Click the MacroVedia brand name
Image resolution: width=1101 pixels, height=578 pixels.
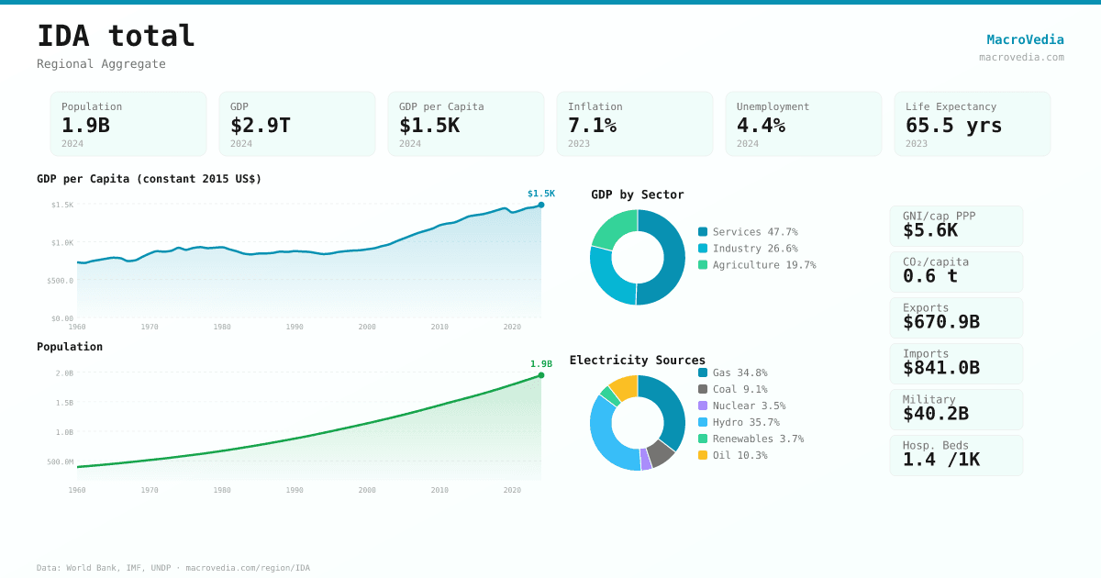tap(1025, 39)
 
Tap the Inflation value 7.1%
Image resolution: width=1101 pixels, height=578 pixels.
tap(592, 125)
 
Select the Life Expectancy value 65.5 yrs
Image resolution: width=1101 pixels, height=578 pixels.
tap(953, 125)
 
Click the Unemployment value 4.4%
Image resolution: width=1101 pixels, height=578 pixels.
tap(761, 125)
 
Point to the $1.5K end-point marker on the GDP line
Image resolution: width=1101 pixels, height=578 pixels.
tap(541, 205)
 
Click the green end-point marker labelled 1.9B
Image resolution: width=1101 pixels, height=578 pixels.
tap(541, 375)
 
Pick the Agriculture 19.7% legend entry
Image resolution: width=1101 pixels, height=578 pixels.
tap(755, 265)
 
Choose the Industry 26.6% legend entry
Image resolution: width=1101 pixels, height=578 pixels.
tap(748, 249)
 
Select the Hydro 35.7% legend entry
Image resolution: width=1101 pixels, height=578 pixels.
tap(739, 422)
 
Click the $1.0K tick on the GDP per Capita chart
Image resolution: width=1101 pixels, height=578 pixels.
tap(62, 243)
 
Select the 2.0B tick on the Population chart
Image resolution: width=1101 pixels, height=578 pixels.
tap(64, 373)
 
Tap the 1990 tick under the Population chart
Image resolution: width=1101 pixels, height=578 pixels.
tap(295, 490)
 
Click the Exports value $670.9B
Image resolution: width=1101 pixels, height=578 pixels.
tap(940, 322)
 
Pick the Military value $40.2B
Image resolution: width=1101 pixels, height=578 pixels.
tap(935, 414)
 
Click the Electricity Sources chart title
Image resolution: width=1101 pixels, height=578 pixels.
tap(638, 361)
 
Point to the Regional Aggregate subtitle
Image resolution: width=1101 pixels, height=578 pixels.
tap(101, 64)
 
